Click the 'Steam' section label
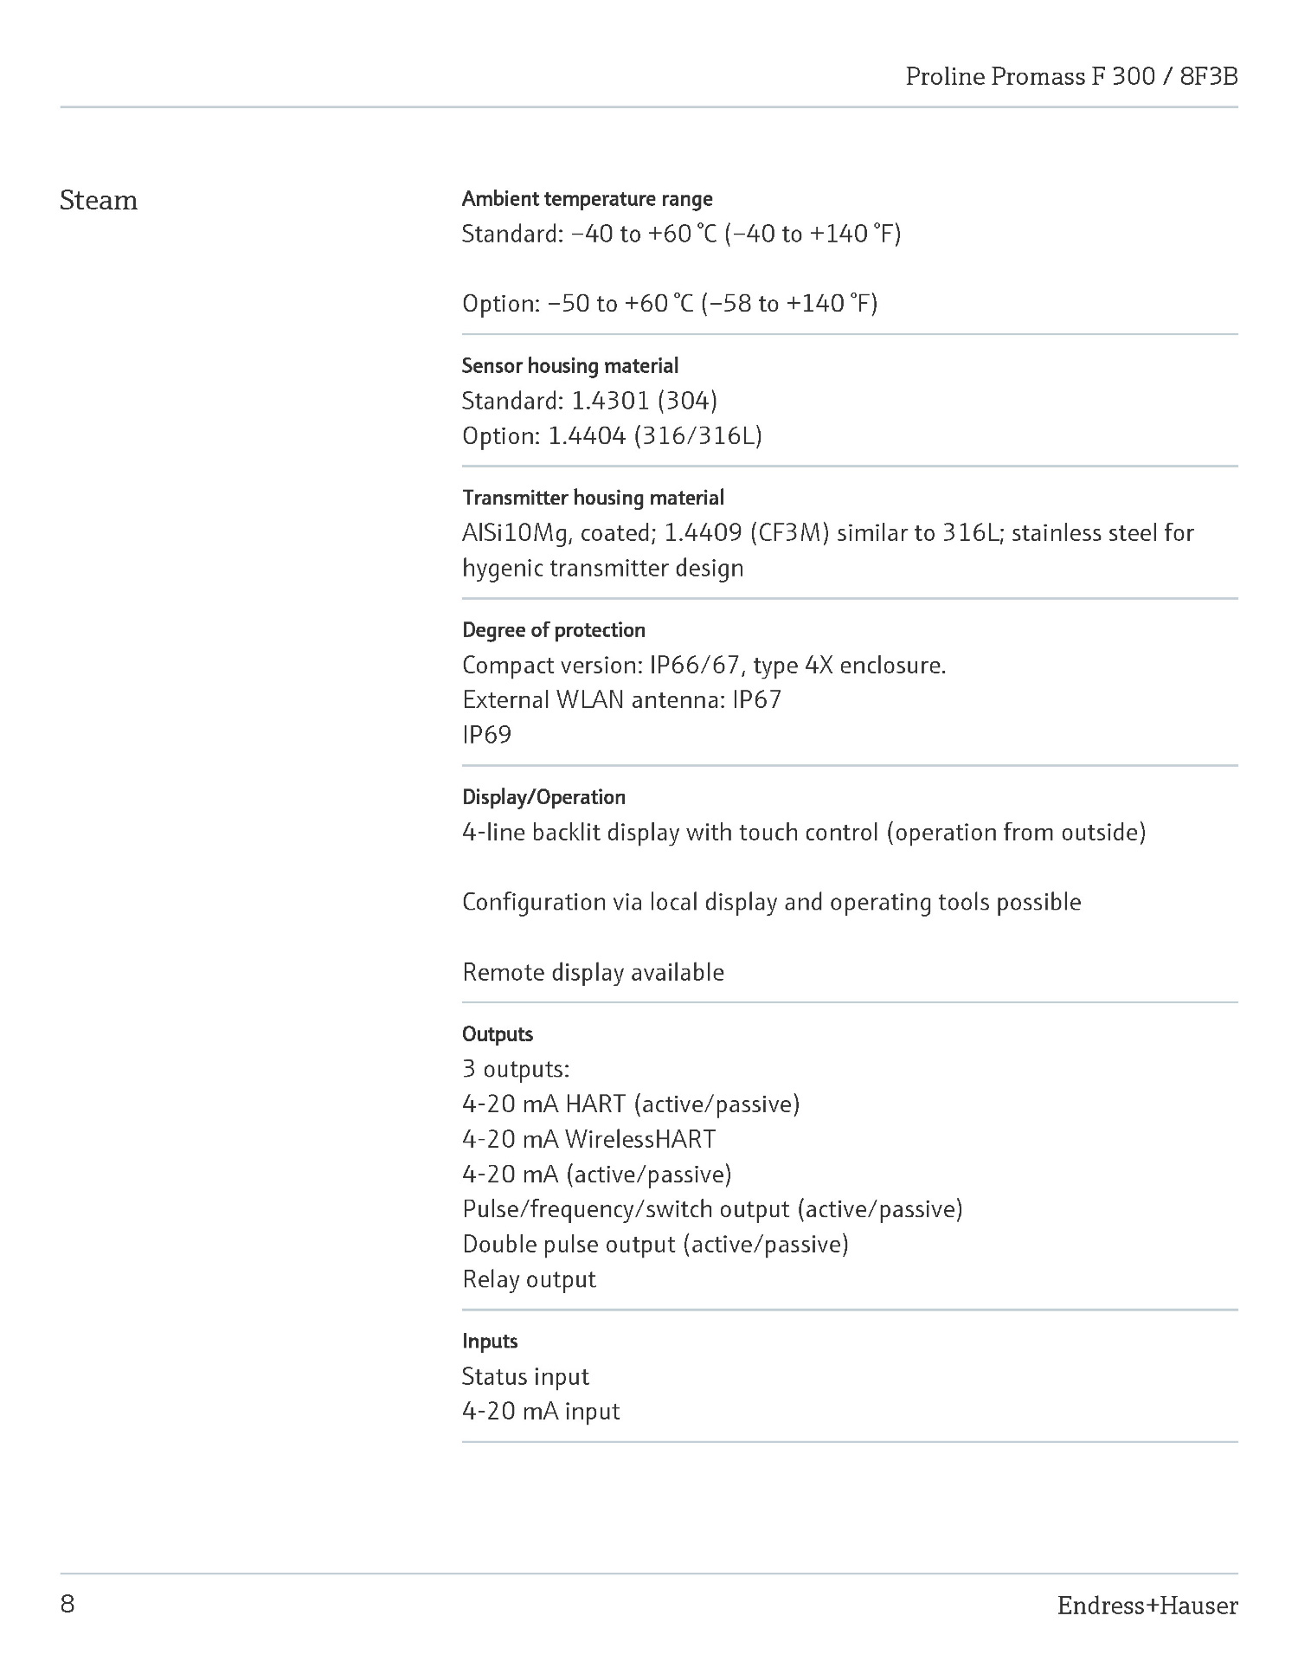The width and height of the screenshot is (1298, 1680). point(99,201)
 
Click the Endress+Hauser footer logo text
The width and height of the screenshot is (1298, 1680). point(1147,1606)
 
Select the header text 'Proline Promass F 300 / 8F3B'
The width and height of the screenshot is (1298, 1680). point(1071,77)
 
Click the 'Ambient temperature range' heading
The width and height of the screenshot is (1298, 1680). point(587,199)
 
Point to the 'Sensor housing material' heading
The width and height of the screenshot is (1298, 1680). point(569,365)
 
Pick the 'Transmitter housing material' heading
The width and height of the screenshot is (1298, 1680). point(593,498)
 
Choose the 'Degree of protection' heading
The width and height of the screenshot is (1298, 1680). point(553,630)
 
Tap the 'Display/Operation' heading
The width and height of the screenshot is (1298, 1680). point(543,797)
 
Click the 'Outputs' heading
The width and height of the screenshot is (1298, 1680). point(498,1033)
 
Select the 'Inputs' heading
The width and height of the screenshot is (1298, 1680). point(490,1341)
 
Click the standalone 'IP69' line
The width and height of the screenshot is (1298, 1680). point(486,735)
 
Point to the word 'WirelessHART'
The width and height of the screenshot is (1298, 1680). point(640,1139)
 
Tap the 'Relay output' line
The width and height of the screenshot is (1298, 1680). point(529,1279)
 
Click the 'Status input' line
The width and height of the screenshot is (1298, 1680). point(525,1376)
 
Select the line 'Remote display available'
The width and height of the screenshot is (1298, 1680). point(593,972)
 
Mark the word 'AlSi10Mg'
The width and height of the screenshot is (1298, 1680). point(516,533)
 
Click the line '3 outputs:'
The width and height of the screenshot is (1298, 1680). point(516,1069)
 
